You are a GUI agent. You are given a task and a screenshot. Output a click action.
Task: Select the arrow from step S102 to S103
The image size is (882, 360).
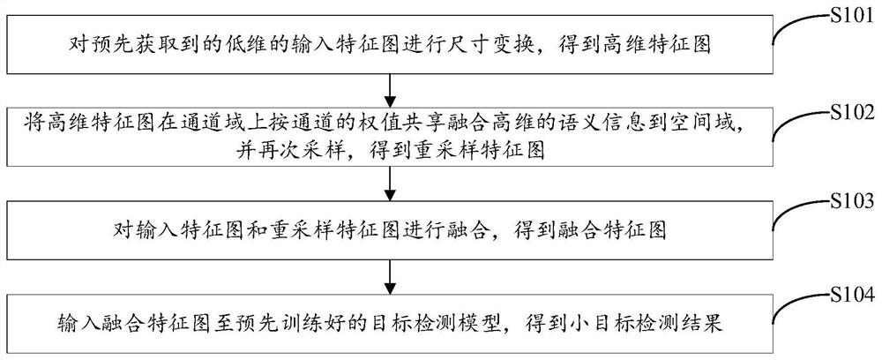[x=388, y=183]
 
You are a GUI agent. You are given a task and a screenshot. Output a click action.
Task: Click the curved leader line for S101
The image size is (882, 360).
[x=791, y=26]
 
